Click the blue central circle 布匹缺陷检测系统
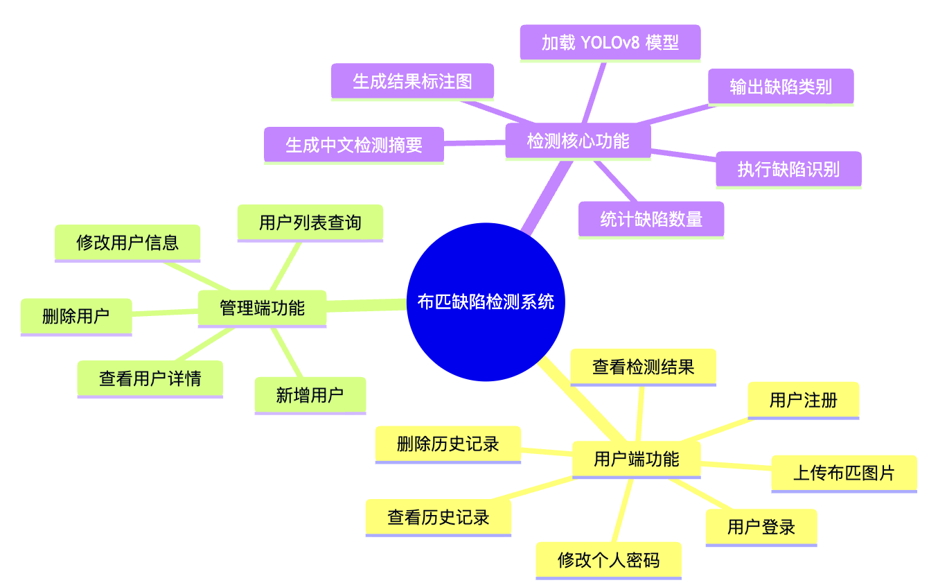pos(486,302)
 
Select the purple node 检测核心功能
pos(578,141)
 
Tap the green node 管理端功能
pos(262,308)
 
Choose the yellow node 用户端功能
pos(636,459)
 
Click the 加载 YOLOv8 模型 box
pos(610,43)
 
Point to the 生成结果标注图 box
pos(412,82)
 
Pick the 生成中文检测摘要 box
pos(353,145)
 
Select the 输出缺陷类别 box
pos(781,87)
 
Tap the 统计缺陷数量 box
pos(651,220)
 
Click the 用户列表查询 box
pos(310,222)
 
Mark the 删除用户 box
pos(76,317)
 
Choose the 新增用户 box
pos(310,395)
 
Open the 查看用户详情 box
pos(150,378)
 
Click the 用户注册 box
pos(803,400)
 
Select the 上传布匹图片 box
pos(844,473)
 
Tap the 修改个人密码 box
pos(608,560)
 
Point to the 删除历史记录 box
pos(448,444)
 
